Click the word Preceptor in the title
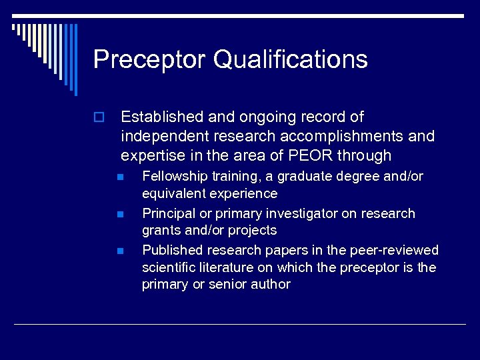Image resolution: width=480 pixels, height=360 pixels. [x=149, y=59]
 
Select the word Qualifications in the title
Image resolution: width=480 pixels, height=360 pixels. [x=290, y=59]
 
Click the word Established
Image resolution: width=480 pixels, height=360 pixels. [x=162, y=117]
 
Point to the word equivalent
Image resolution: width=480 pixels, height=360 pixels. [x=173, y=194]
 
